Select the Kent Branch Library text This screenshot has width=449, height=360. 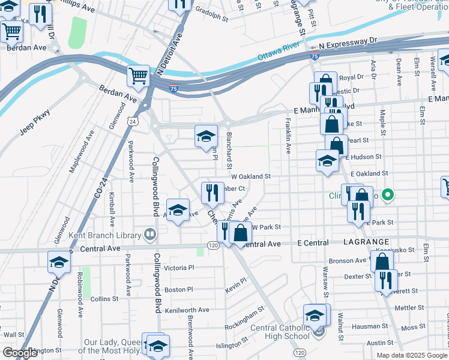click(103, 235)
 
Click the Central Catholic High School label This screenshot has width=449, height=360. click(280, 332)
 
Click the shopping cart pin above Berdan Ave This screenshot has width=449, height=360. click(138, 76)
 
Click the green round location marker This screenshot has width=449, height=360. click(388, 194)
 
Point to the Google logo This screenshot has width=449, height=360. click(20, 353)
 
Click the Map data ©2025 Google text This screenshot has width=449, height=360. click(412, 355)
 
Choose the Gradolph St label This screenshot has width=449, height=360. click(212, 18)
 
